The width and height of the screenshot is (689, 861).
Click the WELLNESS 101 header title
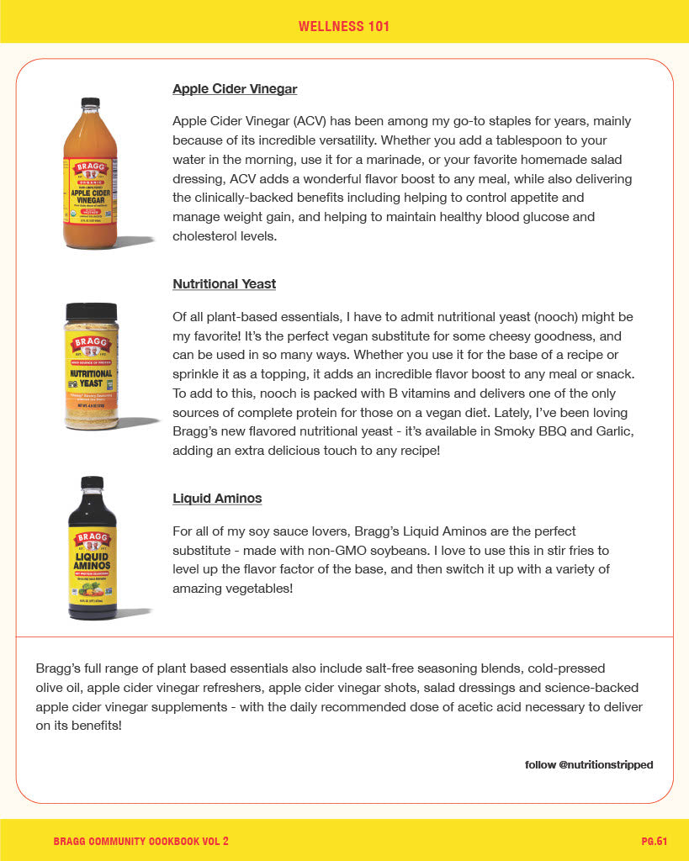click(x=344, y=26)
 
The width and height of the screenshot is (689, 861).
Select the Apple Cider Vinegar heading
click(x=235, y=88)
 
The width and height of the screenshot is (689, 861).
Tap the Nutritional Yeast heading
click(x=224, y=283)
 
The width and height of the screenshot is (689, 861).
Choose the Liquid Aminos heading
click(x=217, y=498)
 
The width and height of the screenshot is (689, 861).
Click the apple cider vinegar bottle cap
click(x=90, y=103)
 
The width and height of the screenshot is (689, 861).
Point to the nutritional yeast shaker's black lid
click(x=91, y=311)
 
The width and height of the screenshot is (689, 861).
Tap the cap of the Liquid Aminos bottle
click(x=91, y=483)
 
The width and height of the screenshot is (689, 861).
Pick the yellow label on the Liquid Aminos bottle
click(x=92, y=562)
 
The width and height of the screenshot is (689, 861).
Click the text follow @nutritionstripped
click(x=589, y=764)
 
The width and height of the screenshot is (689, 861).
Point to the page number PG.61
click(x=654, y=841)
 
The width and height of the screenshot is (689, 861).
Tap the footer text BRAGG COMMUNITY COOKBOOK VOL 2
click(x=140, y=841)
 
